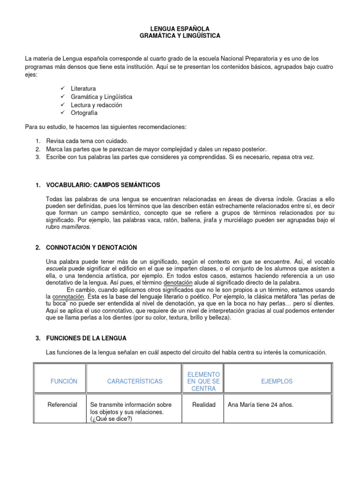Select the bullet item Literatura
83,89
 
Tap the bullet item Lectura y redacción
96,105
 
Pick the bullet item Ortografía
84,113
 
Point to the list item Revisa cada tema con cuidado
87,141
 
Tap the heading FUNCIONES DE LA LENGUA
86,338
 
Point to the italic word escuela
56,269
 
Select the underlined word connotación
68,297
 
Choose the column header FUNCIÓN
64,382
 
